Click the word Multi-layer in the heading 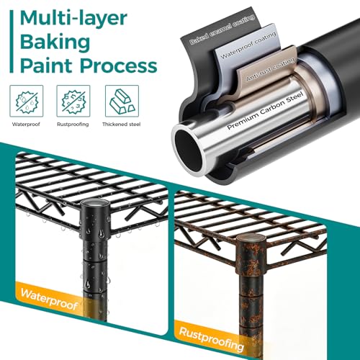coord(73,18)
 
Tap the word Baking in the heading coord(55,42)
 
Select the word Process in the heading coord(119,66)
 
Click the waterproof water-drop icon coord(27,101)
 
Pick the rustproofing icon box coord(73,101)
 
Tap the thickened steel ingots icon coord(122,101)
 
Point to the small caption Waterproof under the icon coord(26,125)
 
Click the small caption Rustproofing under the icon coord(73,125)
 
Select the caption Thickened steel coord(122,125)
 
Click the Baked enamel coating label coord(222,30)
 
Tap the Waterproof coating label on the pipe coord(248,45)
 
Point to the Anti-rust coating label coord(271,69)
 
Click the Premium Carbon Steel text coord(265,111)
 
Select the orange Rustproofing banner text coord(212,339)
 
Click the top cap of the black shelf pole coord(95,203)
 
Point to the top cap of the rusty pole coord(251,240)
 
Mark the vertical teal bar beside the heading coord(11,41)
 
